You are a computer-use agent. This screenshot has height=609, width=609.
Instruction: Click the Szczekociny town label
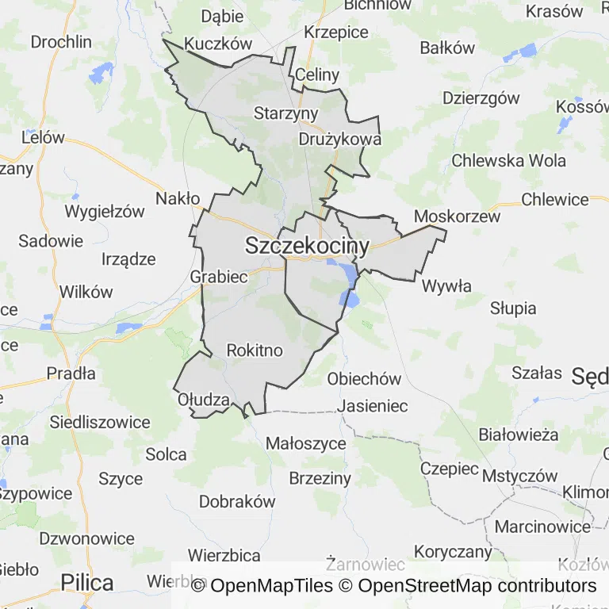(308, 246)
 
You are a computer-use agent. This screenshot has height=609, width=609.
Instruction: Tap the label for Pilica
(87, 583)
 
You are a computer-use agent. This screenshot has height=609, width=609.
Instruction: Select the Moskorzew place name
(458, 216)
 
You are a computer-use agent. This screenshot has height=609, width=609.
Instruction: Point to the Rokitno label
(255, 350)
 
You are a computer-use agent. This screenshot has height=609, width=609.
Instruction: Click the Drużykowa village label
(340, 139)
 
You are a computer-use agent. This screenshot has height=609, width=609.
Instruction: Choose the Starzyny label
(285, 113)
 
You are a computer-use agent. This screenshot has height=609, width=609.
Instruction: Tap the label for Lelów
(43, 137)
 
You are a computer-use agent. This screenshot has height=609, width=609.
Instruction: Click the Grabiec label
(219, 277)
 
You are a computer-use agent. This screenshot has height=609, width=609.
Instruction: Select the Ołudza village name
(204, 399)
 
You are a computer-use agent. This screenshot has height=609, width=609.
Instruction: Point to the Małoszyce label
(306, 443)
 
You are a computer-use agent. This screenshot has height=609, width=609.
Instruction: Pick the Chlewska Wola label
(509, 160)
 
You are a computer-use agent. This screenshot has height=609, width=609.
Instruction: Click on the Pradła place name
(71, 373)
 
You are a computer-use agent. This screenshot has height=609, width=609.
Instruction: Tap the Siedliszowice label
(100, 423)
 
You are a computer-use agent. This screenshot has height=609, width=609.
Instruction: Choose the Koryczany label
(454, 552)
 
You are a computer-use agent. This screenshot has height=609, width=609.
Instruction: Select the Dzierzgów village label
(481, 98)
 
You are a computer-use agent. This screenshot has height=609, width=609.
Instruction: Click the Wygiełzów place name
(105, 212)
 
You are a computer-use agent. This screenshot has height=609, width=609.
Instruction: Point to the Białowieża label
(519, 435)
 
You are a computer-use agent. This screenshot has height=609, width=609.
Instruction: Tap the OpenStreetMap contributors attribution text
(477, 586)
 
